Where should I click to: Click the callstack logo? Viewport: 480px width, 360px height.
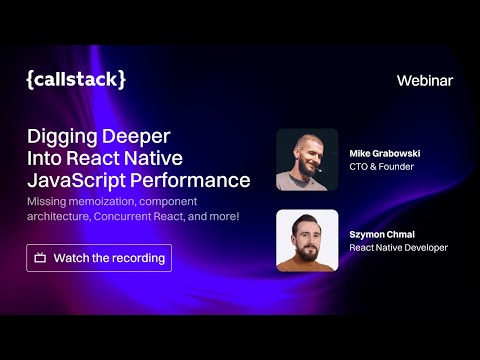[x=76, y=80]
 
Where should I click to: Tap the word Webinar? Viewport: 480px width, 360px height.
[x=425, y=80]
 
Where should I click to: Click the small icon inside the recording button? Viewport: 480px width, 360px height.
[x=40, y=258]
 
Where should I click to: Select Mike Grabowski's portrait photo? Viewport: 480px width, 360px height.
[x=307, y=160]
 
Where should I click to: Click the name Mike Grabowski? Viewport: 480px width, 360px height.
[x=385, y=153]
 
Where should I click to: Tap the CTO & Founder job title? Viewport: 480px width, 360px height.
[x=381, y=167]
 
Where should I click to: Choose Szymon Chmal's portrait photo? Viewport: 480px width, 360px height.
[x=307, y=240]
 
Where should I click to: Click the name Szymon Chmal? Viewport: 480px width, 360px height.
[x=380, y=233]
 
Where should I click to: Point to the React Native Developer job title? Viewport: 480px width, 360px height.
[x=398, y=247]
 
